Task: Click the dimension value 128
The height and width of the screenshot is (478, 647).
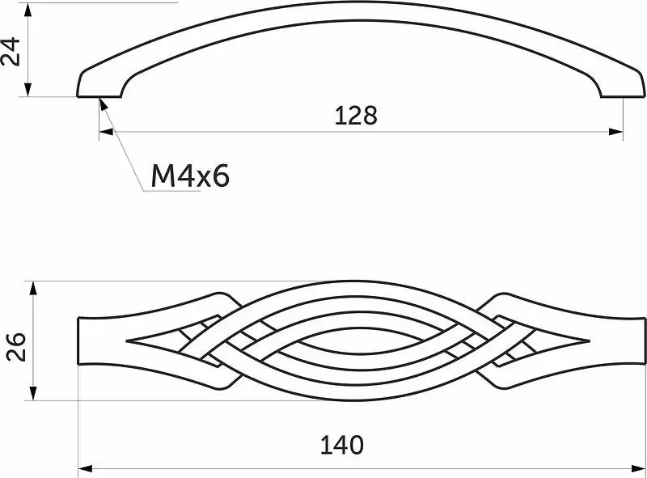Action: point(356,116)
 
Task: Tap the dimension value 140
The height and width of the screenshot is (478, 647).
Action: point(342,445)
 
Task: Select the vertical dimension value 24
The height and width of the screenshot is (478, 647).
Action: point(11,51)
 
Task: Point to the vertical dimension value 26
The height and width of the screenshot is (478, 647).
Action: point(15,346)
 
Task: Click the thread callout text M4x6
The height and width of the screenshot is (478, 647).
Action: point(190,176)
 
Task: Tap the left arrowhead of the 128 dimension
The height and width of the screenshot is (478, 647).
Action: point(106,132)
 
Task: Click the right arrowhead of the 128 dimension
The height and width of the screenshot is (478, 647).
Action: point(616,132)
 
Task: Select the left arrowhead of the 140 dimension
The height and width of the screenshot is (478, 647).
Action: point(85,468)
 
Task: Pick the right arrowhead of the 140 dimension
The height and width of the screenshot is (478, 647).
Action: point(638,468)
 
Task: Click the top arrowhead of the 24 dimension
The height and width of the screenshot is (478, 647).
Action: point(27,10)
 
